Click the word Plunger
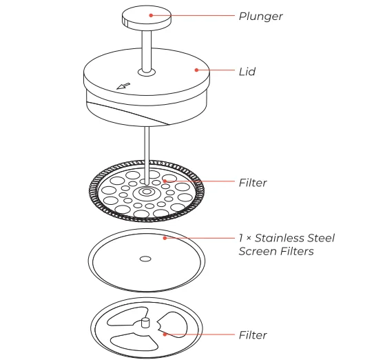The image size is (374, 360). click(261, 16)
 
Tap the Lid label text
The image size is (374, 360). click(246, 71)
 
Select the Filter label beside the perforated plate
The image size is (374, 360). click(252, 183)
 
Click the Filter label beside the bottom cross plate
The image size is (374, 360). click(252, 335)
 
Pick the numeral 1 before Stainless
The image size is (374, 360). click(241, 238)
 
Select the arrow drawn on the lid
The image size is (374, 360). click(124, 86)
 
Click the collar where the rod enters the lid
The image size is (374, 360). click(146, 71)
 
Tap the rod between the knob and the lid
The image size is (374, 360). click(146, 48)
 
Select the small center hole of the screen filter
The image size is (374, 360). click(145, 259)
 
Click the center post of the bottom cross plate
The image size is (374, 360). click(145, 322)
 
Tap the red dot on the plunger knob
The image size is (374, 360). click(153, 14)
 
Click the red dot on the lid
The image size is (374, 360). click(198, 70)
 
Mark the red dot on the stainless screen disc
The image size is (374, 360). click(165, 238)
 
